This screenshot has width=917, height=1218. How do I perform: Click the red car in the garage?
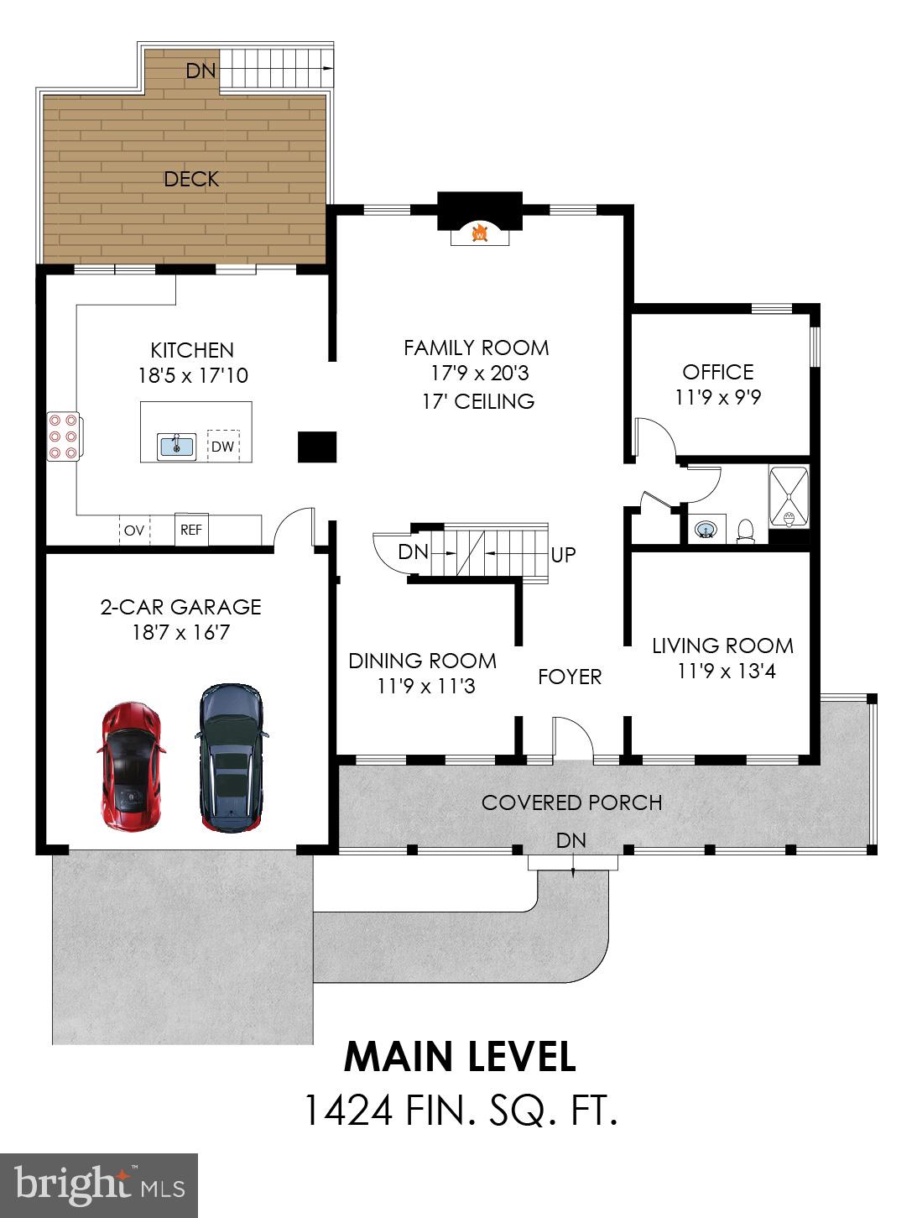pos(132,766)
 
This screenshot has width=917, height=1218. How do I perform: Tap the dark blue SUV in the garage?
pos(232,757)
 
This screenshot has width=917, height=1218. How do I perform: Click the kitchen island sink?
pos(176,446)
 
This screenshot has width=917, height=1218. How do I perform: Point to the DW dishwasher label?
pos(222,446)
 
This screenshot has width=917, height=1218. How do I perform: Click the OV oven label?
pos(134,531)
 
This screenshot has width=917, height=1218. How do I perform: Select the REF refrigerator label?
pos(191,530)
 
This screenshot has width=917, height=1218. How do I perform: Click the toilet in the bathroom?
pos(746,531)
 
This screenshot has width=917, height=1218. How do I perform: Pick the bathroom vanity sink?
pos(706,529)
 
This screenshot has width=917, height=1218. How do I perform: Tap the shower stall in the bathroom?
pos(789,497)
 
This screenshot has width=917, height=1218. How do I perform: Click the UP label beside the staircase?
pos(563,554)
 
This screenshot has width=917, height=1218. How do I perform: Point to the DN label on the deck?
pos(201,71)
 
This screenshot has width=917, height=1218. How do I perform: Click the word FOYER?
pos(570,677)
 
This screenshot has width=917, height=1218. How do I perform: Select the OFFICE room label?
pos(718,372)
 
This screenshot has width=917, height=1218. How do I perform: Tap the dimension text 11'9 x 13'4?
pos(727,672)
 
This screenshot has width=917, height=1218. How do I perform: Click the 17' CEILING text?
pos(478,401)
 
